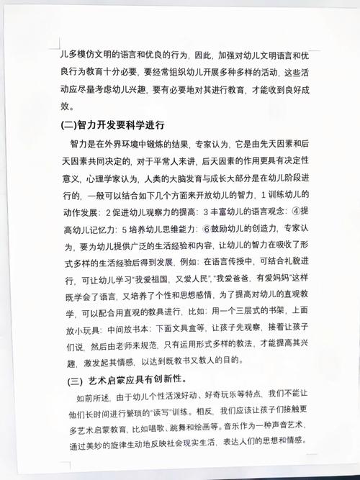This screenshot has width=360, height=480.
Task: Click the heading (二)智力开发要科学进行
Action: click(x=113, y=124)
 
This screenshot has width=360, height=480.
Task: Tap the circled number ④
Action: click(x=285, y=211)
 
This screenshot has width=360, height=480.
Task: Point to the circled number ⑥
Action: click(x=206, y=228)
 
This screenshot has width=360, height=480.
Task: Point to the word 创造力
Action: click(x=269, y=228)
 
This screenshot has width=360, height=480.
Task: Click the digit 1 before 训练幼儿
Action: click(x=263, y=194)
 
